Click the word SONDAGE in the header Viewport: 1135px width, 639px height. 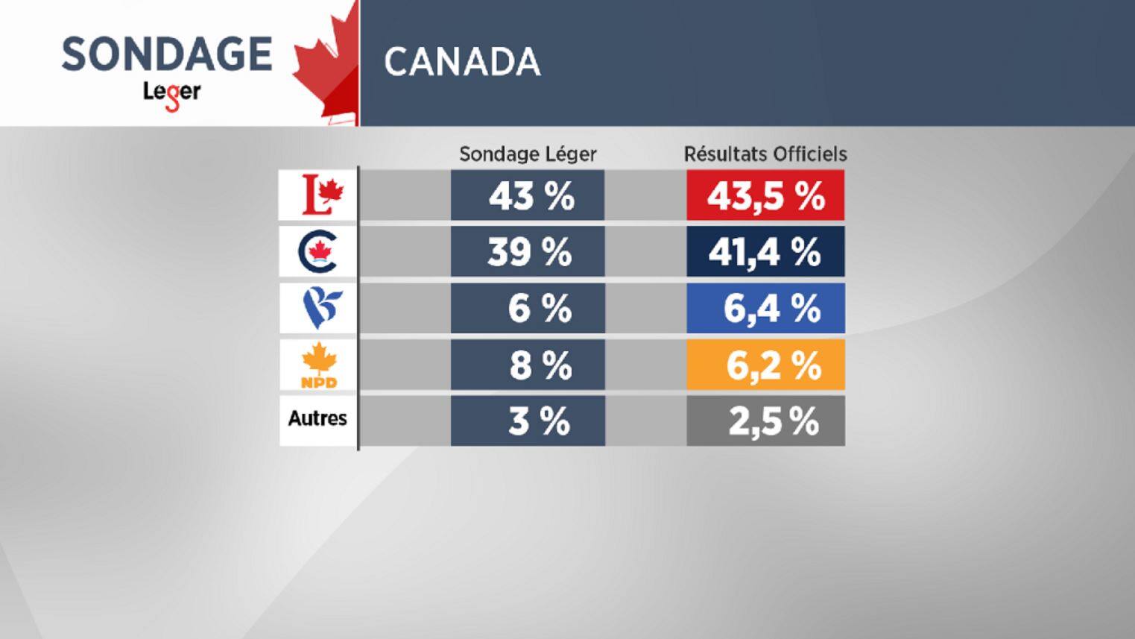click(167, 54)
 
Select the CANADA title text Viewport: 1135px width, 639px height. click(462, 62)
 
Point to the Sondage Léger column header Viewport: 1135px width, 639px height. click(528, 154)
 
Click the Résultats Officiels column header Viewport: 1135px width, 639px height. click(765, 154)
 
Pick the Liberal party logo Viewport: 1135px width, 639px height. click(319, 195)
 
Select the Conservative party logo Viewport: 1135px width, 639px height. click(318, 252)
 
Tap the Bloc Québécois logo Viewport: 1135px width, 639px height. click(319, 309)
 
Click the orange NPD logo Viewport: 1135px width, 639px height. click(319, 365)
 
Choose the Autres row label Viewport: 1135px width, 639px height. click(317, 418)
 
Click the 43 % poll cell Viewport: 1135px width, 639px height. click(528, 196)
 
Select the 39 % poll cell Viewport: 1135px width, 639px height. click(528, 253)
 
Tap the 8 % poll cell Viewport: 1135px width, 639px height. click(528, 365)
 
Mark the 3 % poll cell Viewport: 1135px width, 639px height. click(528, 421)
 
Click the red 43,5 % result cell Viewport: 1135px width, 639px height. click(765, 196)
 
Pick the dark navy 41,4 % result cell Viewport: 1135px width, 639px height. click(765, 253)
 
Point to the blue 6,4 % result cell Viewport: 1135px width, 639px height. click(765, 309)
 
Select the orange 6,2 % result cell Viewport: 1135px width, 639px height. click(765, 365)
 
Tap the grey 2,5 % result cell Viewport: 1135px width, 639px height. click(765, 421)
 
